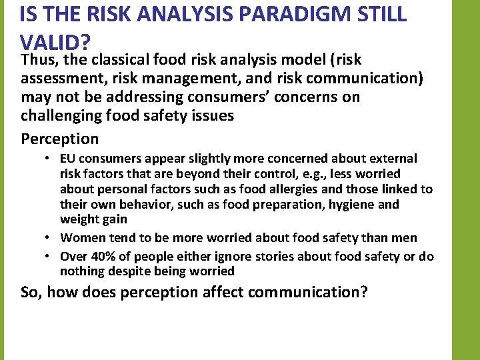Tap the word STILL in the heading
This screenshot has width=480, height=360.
[x=377, y=15]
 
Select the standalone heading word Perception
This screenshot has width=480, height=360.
[x=59, y=139]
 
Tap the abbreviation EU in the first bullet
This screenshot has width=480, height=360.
[x=67, y=159]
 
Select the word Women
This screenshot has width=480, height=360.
[x=81, y=238]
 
